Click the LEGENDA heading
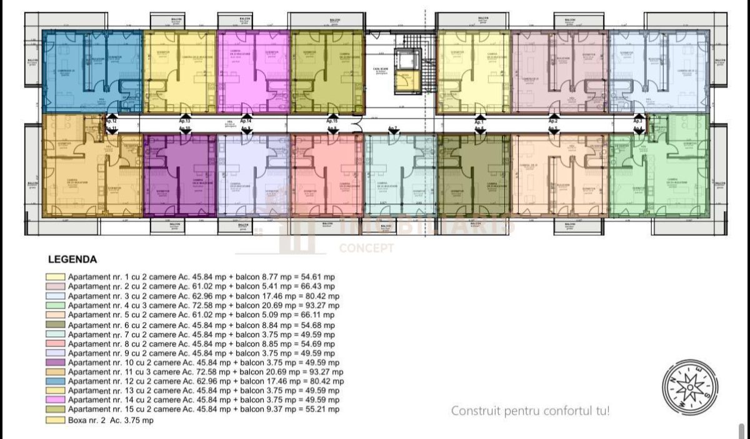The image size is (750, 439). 72,259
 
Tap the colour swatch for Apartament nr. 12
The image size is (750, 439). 56,381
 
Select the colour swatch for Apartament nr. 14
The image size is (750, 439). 56,400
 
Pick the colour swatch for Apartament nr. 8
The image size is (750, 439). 56,344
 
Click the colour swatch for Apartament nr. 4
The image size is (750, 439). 56,306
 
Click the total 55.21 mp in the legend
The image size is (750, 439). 323,409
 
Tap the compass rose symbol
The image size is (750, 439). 689,387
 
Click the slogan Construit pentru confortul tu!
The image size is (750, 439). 530,411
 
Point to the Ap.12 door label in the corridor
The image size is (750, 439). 111,120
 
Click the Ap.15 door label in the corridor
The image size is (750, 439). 332,120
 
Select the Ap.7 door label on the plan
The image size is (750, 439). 393,129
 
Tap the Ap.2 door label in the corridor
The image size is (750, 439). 553,120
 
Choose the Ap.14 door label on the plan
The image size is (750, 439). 246,120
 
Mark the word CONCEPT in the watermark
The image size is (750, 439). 366,249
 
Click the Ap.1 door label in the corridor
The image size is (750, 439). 480,120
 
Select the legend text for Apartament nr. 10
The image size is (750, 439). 203,362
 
